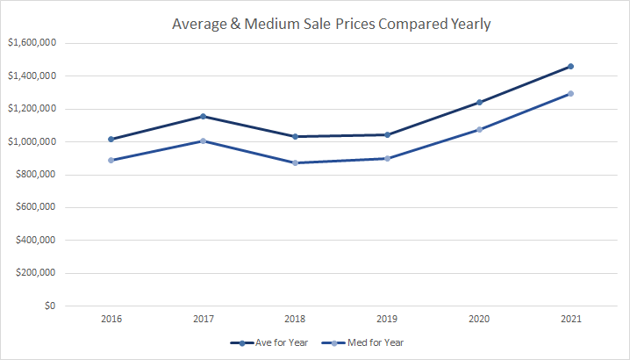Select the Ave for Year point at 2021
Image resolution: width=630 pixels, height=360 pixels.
pos(570,66)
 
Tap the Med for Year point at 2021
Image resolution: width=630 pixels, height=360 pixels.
pos(570,93)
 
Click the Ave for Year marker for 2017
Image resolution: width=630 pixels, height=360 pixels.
pos(203,116)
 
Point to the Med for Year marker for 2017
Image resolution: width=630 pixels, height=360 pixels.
pos(203,140)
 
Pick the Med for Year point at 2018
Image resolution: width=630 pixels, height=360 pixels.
pos(295,162)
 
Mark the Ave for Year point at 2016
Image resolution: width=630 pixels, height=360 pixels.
pos(111,139)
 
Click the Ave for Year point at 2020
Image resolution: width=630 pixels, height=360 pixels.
pos(479,102)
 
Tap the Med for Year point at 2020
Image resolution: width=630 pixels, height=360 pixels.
pos(479,129)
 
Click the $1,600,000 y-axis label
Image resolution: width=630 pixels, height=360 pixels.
pos(31,43)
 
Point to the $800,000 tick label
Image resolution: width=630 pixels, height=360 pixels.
pos(34,175)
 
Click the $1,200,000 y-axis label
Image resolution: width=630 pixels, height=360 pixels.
pos(31,109)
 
